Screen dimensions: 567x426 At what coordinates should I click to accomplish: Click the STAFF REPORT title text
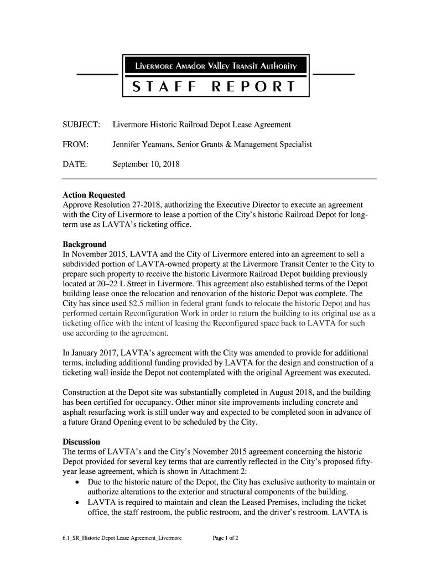[x=214, y=86]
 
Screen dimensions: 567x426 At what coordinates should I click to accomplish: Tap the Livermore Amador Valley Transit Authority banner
[x=214, y=68]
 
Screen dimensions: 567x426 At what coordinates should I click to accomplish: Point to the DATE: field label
[x=75, y=164]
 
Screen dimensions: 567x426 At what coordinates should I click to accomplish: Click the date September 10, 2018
[x=146, y=164]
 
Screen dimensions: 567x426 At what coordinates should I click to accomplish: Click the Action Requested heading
[x=94, y=195]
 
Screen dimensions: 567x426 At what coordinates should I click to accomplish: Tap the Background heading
[x=85, y=244]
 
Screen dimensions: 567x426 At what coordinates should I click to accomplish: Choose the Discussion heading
[x=81, y=442]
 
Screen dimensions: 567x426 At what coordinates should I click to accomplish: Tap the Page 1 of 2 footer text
[x=225, y=538]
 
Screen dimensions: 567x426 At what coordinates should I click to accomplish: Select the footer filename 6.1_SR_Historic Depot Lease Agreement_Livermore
[x=122, y=538]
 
